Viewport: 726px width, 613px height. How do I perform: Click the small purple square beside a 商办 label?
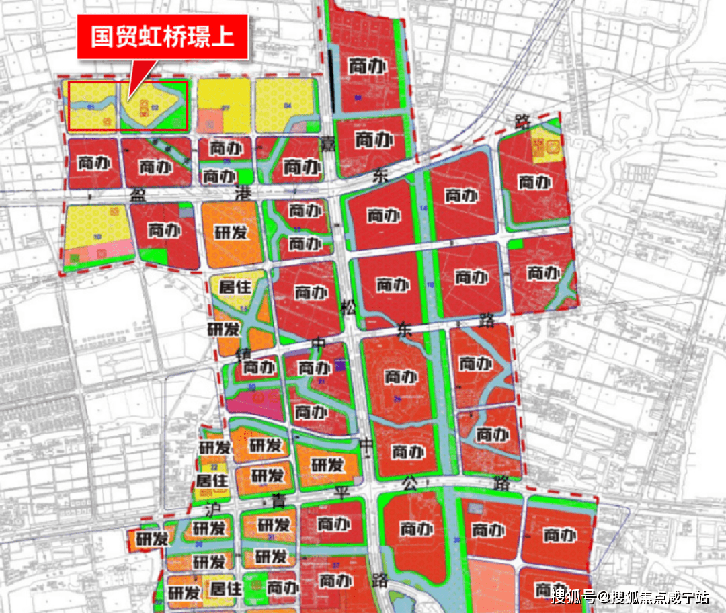pos(339,366)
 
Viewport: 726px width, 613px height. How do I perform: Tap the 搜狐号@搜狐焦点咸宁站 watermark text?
pos(630,596)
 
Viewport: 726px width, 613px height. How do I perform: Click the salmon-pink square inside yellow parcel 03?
pos(210,121)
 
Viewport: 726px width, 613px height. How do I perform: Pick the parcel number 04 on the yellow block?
pos(288,106)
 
